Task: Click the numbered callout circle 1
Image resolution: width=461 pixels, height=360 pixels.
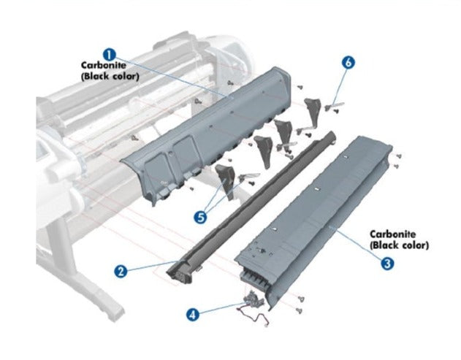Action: click(x=108, y=54)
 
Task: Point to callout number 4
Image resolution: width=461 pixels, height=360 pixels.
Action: click(x=192, y=315)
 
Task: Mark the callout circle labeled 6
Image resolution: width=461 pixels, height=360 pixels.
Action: click(x=348, y=63)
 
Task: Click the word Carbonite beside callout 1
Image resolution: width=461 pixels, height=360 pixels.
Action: click(x=99, y=65)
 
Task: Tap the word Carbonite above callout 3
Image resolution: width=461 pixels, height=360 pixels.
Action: click(x=393, y=234)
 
